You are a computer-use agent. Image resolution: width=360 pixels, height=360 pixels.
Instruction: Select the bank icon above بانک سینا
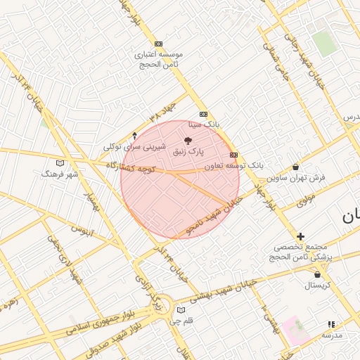[x=204, y=114]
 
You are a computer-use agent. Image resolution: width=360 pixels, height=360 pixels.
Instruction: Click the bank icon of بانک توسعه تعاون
[x=233, y=155]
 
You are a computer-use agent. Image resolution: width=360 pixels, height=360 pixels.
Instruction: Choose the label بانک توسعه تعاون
[x=233, y=166]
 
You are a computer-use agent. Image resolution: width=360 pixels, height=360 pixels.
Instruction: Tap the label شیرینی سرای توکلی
[x=134, y=147]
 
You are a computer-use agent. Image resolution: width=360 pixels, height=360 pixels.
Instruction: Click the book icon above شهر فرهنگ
[x=60, y=162]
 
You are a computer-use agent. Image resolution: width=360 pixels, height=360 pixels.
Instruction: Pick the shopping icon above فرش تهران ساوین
[x=295, y=167]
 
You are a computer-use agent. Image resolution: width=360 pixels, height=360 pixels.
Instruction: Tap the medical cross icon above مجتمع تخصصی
[x=300, y=236]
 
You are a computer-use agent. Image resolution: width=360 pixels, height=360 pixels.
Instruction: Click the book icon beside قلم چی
[x=181, y=310]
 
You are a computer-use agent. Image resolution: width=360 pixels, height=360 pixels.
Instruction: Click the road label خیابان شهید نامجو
[x=214, y=215]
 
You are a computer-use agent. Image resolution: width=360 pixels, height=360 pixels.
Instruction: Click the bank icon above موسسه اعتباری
[x=158, y=44]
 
